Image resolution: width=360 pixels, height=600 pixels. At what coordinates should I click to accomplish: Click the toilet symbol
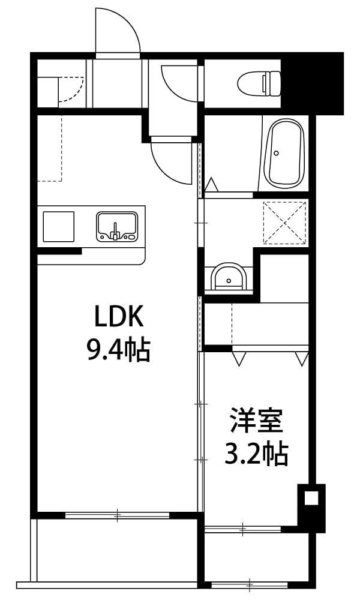pos(259,83)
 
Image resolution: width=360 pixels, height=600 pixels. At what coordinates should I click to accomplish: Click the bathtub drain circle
pos(276,153)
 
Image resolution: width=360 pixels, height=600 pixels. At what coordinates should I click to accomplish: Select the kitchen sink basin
pos(116,226)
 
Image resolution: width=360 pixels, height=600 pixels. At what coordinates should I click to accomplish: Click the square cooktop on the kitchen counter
pos(58,227)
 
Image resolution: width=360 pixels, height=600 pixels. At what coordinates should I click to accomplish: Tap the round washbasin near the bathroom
pos(229,277)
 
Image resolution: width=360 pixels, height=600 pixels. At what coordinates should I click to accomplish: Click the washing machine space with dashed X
pos(284,223)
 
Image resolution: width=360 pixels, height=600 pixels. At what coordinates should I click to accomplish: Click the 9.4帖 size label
pos(118,349)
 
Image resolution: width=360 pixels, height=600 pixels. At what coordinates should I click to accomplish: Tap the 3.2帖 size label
pos(256,453)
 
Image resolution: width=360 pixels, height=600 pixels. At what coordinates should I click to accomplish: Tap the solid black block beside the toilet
pos(312,83)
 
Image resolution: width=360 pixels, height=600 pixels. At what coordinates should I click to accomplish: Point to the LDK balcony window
pos(117,515)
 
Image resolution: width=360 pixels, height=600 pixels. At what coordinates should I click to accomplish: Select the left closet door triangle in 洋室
pos(239,359)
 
